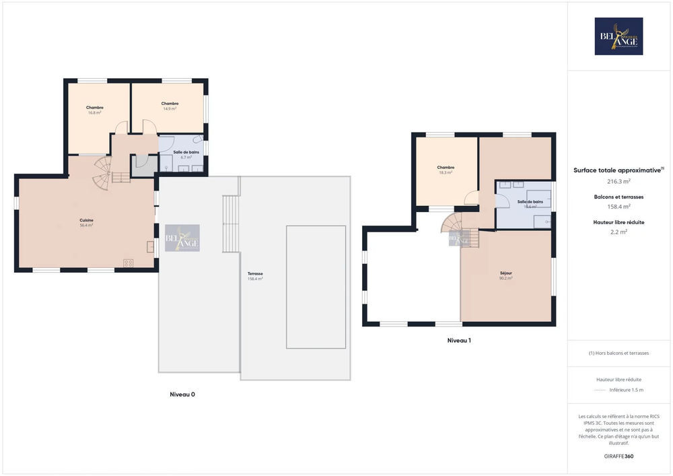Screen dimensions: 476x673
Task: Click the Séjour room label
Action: (506, 275)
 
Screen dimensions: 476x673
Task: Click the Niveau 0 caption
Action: (182, 395)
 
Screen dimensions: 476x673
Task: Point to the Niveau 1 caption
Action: (459, 341)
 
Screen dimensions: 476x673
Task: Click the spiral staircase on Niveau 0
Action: (103, 172)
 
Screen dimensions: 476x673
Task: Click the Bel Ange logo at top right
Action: (618, 36)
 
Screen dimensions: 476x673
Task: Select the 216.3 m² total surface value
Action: (618, 181)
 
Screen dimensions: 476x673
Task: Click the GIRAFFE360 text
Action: (618, 456)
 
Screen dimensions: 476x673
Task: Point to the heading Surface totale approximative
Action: (618, 170)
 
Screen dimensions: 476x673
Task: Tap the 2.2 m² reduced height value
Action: (618, 232)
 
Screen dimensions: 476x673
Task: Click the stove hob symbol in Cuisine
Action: (128, 263)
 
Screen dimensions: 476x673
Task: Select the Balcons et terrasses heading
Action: (618, 197)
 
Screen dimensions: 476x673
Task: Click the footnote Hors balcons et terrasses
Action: (618, 353)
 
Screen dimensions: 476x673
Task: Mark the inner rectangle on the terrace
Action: (316, 287)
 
